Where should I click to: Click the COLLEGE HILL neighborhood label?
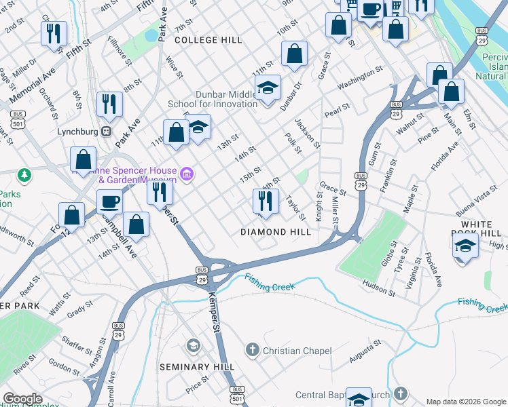pyautogui.click(x=208, y=40)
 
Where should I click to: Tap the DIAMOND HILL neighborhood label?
pyautogui.click(x=276, y=232)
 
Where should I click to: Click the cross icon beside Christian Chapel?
pyautogui.click(x=252, y=350)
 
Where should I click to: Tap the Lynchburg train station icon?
pyautogui.click(x=106, y=132)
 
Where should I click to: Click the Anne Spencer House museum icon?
pyautogui.click(x=187, y=176)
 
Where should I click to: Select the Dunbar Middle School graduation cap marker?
pyautogui.click(x=268, y=88)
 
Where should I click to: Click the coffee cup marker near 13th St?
pyautogui.click(x=109, y=201)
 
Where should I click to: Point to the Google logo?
pyautogui.click(x=22, y=399)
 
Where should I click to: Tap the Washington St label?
pyautogui.click(x=360, y=77)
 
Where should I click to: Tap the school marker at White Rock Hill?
pyautogui.click(x=465, y=246)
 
